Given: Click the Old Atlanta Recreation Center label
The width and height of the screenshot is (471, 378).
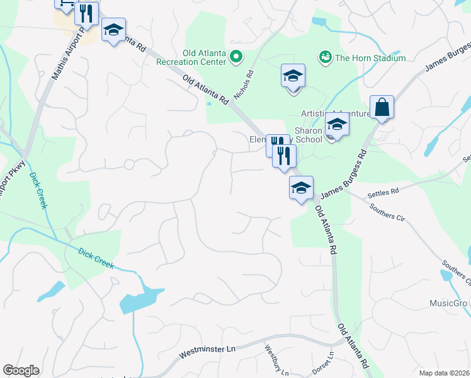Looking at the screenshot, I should (x=205, y=58).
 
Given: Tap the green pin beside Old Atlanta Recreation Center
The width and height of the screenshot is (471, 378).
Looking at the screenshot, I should (x=236, y=58).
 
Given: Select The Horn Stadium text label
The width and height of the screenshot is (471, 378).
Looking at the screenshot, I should (x=370, y=58).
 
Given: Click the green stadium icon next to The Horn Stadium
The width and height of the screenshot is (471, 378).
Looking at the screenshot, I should (x=325, y=58).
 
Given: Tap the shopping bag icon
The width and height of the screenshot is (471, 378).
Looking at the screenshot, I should (x=382, y=108).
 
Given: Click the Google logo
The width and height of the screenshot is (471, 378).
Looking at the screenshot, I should (x=21, y=370).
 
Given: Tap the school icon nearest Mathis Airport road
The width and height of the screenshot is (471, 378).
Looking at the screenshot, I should (x=113, y=30).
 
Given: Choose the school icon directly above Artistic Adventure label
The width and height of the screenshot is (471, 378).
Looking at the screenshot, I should (x=293, y=76).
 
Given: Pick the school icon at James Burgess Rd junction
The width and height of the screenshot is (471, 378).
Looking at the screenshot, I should (x=301, y=188).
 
